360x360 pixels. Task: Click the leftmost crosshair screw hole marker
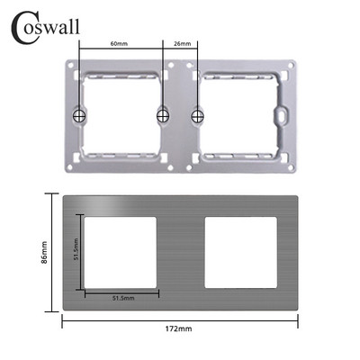[x=78, y=116]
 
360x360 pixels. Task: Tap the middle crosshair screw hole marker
[x=163, y=114]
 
